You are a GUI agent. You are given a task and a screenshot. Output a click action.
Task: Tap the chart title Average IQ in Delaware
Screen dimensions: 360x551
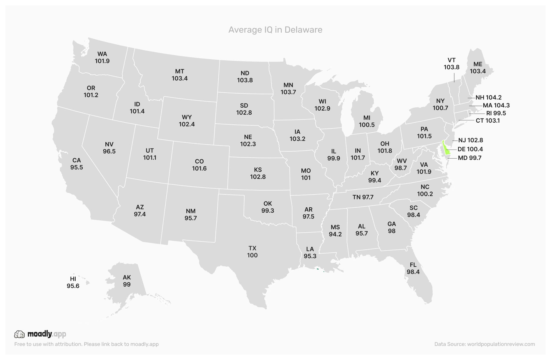point(275,30)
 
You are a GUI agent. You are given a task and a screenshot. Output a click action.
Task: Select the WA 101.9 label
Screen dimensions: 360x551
point(102,57)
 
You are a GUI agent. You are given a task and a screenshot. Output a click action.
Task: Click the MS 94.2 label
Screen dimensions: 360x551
point(335,231)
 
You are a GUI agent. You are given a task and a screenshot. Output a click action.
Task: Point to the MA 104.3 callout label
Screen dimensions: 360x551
point(496,105)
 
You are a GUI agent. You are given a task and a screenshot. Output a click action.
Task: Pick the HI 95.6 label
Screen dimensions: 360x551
point(73,282)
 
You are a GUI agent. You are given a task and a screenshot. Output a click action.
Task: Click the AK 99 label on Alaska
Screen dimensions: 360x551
point(127,281)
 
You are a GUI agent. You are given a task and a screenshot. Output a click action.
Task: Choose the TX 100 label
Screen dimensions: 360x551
point(252,252)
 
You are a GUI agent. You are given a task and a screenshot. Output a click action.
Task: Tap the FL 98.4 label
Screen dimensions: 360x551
point(413,268)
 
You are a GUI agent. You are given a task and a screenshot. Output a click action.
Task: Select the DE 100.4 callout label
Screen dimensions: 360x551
point(470,149)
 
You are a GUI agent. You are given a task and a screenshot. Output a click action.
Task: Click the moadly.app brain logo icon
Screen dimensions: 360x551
point(19,334)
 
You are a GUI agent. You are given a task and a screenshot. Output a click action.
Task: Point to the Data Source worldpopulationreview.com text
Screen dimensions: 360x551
point(484,344)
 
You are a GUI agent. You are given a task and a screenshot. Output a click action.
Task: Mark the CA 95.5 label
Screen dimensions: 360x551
point(77,164)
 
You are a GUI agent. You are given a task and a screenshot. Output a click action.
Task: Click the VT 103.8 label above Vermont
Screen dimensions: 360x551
point(452,64)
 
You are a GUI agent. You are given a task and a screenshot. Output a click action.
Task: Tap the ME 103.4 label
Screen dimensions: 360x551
point(477,68)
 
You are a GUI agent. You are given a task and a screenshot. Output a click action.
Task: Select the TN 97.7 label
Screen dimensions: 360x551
point(363,197)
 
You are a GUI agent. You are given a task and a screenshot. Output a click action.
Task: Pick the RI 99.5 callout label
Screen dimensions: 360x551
point(496,113)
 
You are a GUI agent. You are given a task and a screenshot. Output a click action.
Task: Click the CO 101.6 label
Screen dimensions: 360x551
point(199,165)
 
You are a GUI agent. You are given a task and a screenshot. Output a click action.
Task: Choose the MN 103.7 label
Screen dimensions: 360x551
point(288,89)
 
